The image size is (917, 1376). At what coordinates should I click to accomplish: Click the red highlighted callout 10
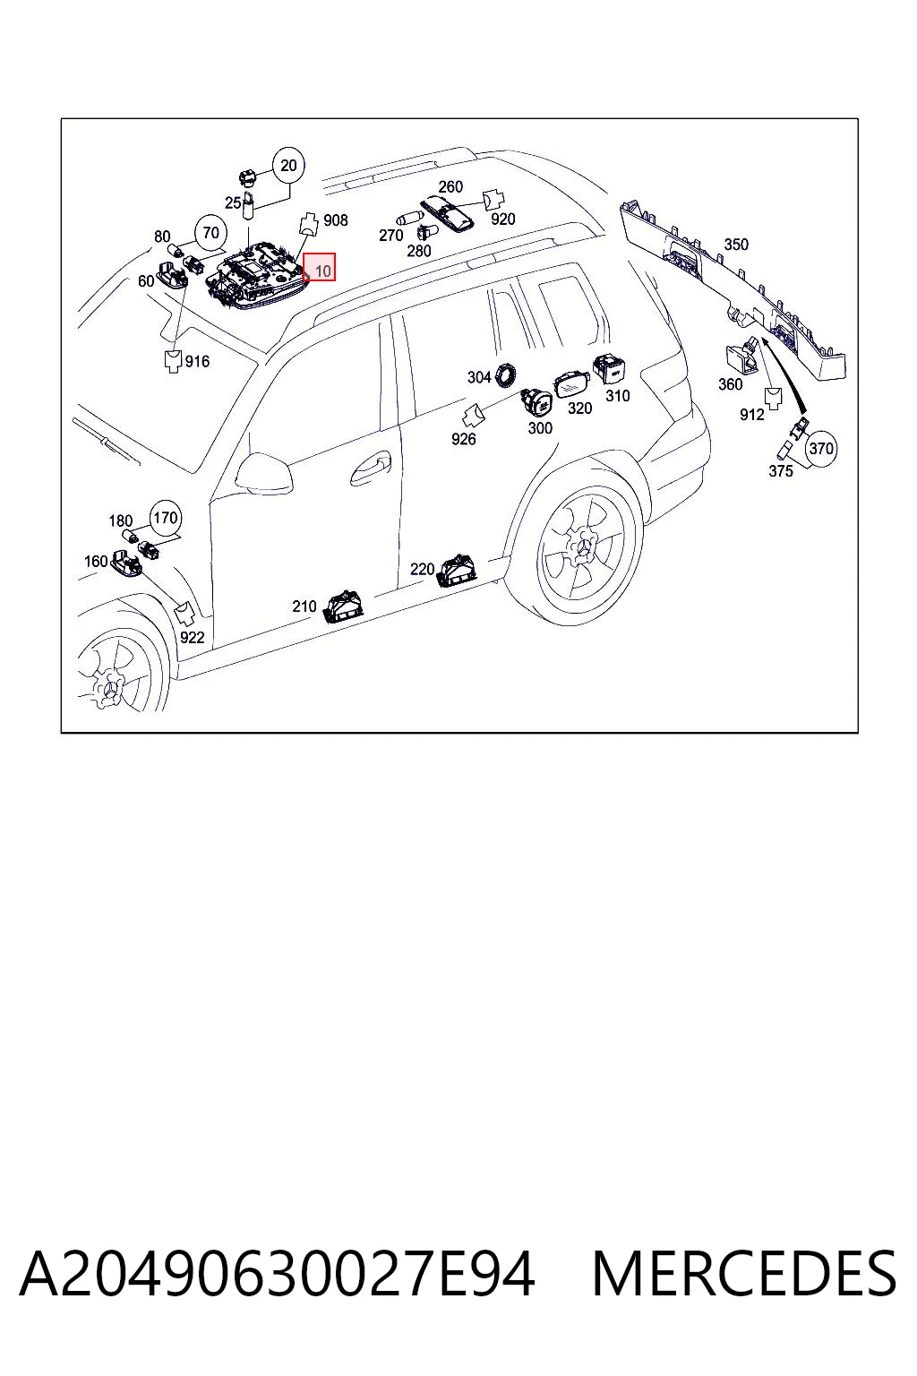click(320, 267)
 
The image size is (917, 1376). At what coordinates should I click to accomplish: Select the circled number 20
click(288, 165)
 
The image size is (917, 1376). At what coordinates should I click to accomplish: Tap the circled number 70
click(210, 233)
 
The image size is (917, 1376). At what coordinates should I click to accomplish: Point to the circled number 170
click(165, 518)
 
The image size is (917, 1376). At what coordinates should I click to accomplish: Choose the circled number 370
click(821, 449)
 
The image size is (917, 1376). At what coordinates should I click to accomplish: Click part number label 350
click(736, 245)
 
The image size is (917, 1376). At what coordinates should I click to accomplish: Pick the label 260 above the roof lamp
click(450, 186)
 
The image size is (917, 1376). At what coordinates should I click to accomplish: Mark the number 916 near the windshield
click(197, 361)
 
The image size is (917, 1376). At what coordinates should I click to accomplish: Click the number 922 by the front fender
click(193, 638)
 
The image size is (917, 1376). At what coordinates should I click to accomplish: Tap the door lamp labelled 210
click(345, 606)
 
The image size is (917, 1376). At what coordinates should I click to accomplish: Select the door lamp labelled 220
click(458, 571)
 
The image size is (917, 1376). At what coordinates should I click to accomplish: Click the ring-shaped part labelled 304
click(506, 374)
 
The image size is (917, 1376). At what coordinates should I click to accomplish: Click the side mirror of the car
click(265, 474)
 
